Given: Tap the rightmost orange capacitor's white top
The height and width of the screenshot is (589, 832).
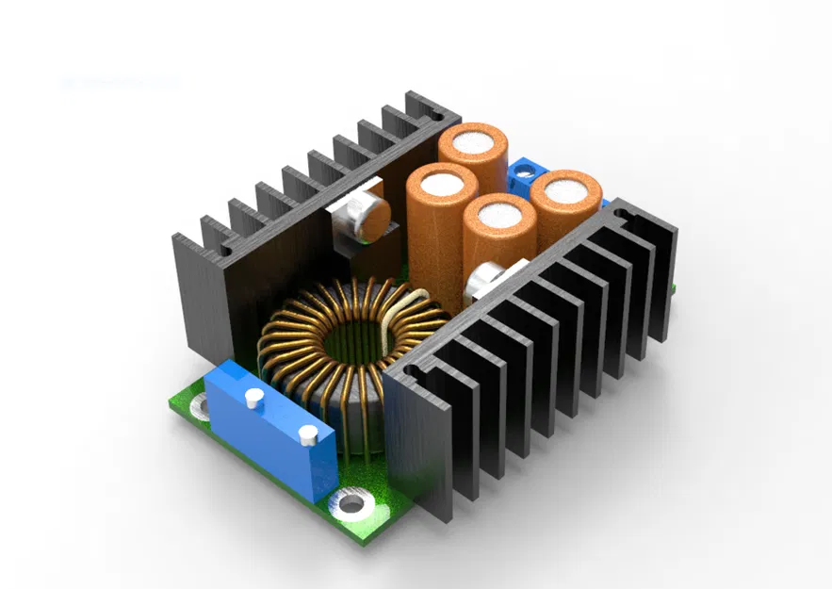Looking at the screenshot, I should (x=566, y=188).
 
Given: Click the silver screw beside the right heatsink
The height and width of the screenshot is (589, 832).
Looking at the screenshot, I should (x=486, y=279).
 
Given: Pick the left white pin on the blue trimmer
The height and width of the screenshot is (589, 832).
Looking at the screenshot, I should (x=252, y=398).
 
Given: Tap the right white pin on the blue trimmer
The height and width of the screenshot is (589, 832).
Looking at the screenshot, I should (x=308, y=434).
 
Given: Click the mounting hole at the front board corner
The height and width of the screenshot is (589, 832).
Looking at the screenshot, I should (x=351, y=503).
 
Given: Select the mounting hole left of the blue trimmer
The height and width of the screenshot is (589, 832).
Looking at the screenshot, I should (x=200, y=406).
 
